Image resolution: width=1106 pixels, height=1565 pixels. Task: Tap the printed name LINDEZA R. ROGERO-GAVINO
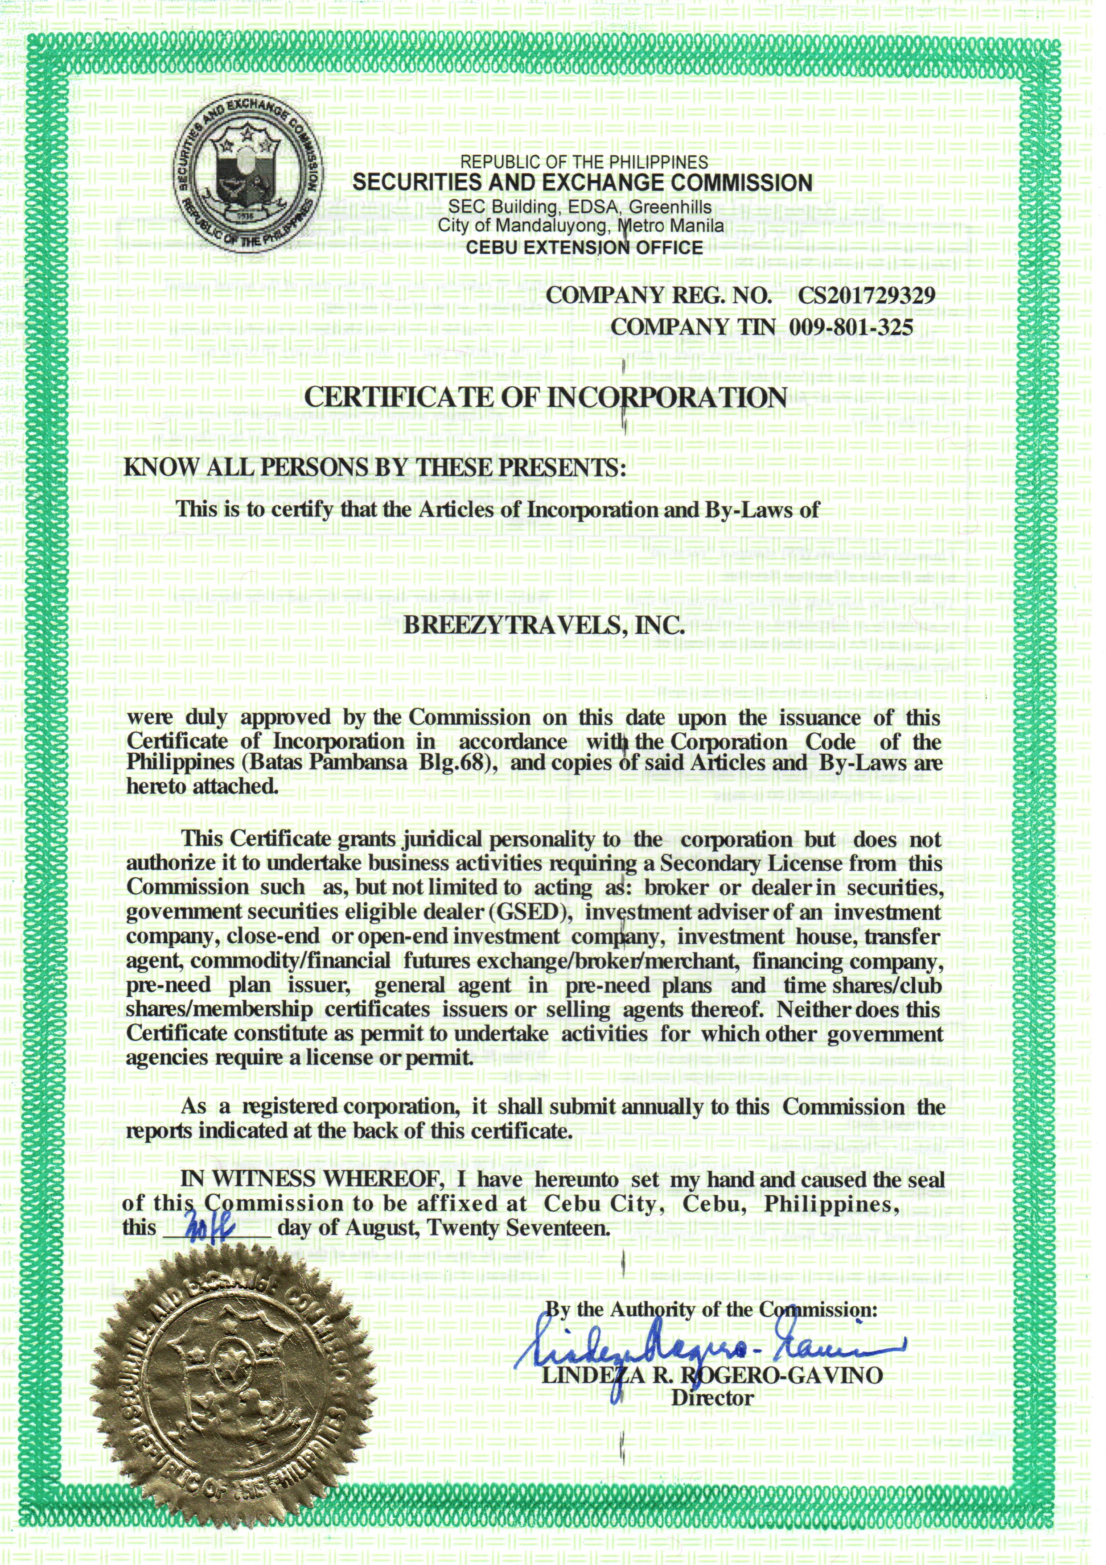click(712, 1375)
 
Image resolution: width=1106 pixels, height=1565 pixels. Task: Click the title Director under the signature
click(712, 1398)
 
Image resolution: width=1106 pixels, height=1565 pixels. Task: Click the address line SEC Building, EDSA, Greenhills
click(579, 207)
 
